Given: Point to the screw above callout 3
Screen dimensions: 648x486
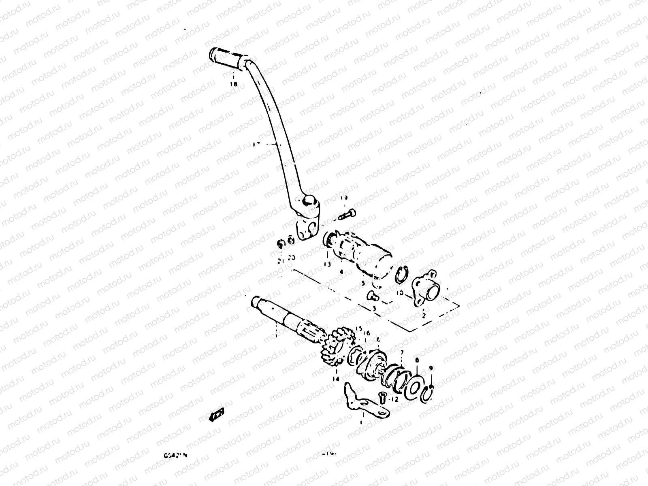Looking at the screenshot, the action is point(372,297).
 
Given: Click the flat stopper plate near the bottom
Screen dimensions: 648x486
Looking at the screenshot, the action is point(364,401).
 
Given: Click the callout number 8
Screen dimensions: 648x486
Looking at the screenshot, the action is point(416,359).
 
